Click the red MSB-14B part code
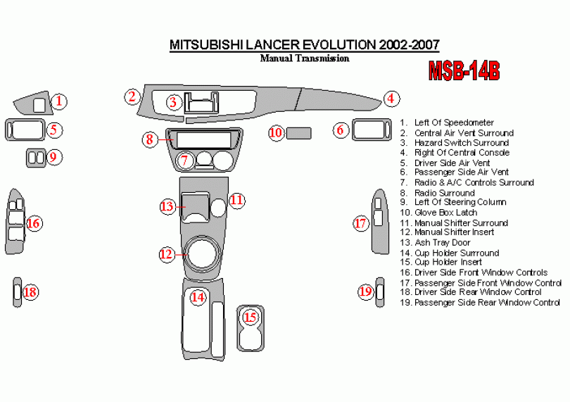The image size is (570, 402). click(464, 70)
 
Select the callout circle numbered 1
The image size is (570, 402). click(60, 101)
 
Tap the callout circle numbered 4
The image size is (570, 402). click(391, 99)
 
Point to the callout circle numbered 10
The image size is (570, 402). click(276, 132)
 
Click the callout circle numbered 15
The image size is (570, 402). click(250, 318)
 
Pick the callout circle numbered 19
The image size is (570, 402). click(365, 291)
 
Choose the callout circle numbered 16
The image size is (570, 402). click(33, 224)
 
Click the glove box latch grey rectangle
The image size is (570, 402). click(300, 132)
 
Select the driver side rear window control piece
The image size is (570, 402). click(17, 292)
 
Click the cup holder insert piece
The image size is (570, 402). click(250, 328)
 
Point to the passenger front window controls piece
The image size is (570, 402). click(379, 223)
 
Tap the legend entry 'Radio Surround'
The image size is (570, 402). click(444, 193)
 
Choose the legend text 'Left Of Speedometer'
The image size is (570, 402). click(454, 123)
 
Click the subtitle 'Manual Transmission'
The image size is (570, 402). click(305, 58)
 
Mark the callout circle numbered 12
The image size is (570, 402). click(166, 254)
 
